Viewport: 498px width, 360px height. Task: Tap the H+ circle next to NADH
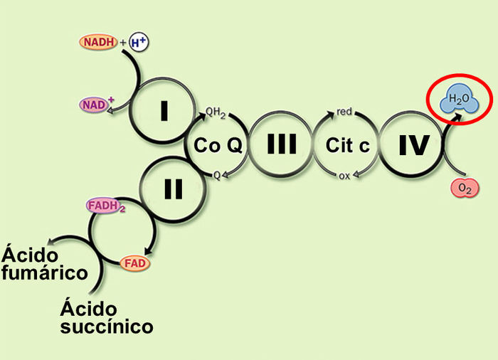pyautogui.click(x=139, y=43)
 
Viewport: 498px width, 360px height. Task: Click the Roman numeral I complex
pyautogui.click(x=164, y=110)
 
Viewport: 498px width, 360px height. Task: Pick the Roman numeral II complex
pyautogui.click(x=173, y=189)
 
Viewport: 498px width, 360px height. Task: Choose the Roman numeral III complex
pyautogui.click(x=281, y=145)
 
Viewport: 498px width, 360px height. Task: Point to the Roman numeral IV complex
pyautogui.click(x=413, y=145)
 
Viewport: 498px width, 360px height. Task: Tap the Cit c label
pyautogui.click(x=347, y=146)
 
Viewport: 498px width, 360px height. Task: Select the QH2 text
pyautogui.click(x=216, y=112)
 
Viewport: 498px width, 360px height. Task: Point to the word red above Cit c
pyautogui.click(x=345, y=112)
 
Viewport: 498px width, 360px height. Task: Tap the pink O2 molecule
pyautogui.click(x=465, y=188)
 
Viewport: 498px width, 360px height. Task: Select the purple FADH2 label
pyautogui.click(x=106, y=207)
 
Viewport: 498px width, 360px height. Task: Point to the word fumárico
pyautogui.click(x=45, y=272)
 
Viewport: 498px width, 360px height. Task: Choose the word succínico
pyautogui.click(x=107, y=327)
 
